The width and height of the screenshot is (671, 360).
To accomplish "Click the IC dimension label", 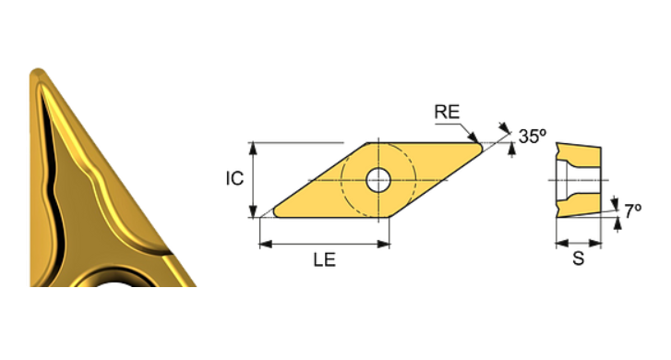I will (234, 178).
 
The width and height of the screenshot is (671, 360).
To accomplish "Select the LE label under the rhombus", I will (323, 261).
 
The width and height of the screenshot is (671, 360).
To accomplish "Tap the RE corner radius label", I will (446, 113).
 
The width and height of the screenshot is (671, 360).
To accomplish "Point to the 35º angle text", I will (532, 136).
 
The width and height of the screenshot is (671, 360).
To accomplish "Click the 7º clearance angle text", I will (632, 211).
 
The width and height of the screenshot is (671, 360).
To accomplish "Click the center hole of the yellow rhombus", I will (378, 180).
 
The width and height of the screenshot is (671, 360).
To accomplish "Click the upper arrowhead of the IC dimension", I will (252, 148).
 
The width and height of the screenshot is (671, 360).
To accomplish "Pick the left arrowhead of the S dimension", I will (558, 244).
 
